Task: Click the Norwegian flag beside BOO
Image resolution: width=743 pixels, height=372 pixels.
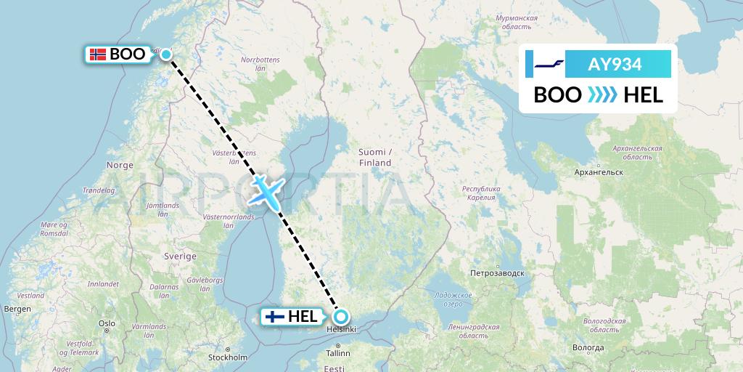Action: coord(97,54)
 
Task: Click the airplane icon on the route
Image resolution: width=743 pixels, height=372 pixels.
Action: coord(265,190)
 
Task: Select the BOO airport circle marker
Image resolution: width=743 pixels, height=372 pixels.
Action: coord(166,54)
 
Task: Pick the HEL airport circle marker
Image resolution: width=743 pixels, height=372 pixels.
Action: coord(340,317)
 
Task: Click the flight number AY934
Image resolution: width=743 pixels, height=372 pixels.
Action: coord(614,64)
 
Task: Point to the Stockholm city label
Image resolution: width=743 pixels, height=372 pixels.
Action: coord(228,357)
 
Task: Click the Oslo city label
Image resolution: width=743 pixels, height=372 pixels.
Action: coord(107,323)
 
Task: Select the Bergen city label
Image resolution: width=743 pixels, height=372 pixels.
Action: coord(17,309)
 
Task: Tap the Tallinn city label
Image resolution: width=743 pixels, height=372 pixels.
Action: coord(338,354)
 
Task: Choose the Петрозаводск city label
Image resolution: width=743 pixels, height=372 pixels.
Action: coord(497,274)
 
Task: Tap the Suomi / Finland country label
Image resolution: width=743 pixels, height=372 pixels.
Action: coord(374,157)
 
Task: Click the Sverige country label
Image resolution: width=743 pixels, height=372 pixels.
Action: coord(180,256)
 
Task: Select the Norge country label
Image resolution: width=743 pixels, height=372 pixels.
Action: coord(120,165)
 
